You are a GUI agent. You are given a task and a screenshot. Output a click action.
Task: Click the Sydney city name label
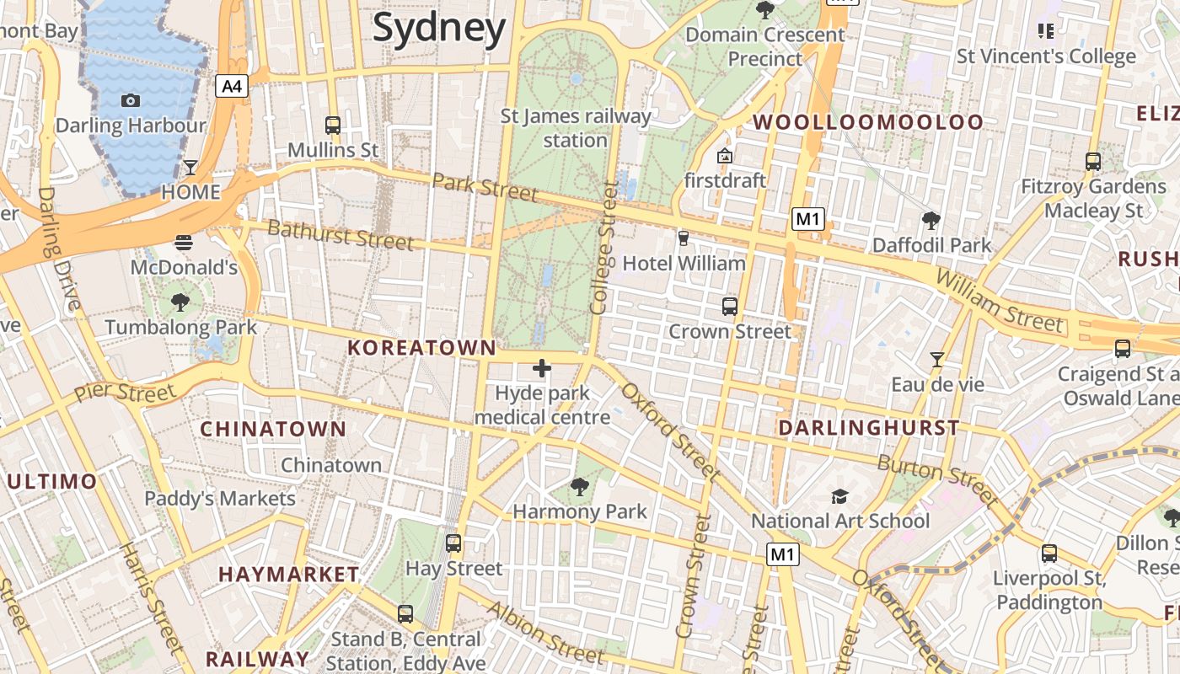click(x=439, y=28)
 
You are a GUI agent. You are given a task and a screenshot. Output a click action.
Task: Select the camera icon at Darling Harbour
click(x=131, y=101)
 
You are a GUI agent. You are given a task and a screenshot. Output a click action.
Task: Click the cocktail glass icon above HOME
click(x=190, y=167)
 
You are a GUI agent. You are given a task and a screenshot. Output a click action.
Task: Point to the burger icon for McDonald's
click(x=184, y=243)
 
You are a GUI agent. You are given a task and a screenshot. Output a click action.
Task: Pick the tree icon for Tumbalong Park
click(x=180, y=302)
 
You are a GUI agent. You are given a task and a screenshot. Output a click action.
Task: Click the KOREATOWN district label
click(x=422, y=348)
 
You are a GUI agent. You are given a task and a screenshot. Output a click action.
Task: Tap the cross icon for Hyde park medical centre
click(x=542, y=368)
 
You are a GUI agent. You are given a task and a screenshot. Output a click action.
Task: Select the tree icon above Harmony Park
click(x=579, y=486)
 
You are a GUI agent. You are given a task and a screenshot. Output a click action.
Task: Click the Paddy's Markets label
click(x=220, y=499)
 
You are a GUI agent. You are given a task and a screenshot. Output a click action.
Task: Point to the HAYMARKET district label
click(x=289, y=575)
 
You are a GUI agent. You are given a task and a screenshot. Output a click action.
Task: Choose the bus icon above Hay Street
click(x=453, y=543)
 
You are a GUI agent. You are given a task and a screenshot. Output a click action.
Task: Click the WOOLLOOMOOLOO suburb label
click(x=868, y=122)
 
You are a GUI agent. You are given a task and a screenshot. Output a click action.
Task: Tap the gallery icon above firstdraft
click(x=724, y=156)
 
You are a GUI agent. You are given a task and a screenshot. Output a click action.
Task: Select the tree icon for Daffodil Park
click(x=931, y=221)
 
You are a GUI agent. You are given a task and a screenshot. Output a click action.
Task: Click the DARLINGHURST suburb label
click(x=869, y=428)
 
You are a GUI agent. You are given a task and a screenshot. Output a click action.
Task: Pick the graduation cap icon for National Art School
click(x=839, y=496)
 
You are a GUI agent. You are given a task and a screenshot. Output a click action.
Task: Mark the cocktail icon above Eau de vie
click(x=936, y=360)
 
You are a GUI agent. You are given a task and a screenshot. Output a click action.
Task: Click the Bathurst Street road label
click(x=341, y=234)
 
